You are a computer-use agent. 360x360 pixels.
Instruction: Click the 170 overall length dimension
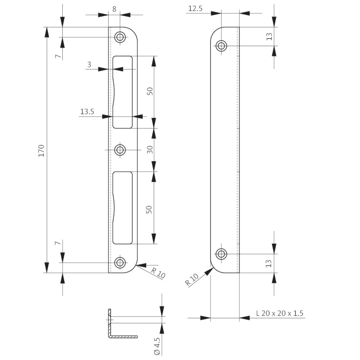[x=41, y=150]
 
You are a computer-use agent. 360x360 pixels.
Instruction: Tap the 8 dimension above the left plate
[x=114, y=9]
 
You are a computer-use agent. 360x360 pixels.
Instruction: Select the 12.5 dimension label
[x=195, y=9]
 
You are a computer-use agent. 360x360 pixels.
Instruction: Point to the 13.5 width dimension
[x=87, y=112]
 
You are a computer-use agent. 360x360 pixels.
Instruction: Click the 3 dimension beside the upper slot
[x=89, y=64]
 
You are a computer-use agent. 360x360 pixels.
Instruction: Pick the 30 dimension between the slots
[x=150, y=150]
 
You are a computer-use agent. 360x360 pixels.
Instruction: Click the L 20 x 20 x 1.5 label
[x=280, y=313]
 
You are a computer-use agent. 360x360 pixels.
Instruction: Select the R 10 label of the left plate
[x=158, y=273]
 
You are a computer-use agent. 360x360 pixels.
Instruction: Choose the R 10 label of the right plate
[x=192, y=280]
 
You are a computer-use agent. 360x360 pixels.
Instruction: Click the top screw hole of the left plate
[x=120, y=37]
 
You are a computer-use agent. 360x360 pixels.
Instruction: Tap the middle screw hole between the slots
[x=120, y=150]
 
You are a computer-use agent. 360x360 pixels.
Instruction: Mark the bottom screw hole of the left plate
[x=120, y=262]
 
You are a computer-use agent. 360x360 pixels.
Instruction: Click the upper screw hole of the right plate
[x=221, y=46]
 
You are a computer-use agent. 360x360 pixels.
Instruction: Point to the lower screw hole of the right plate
[x=221, y=254]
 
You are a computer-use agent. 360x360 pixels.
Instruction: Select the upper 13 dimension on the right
[x=269, y=36]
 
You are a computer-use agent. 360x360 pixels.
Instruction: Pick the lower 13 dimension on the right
[x=269, y=264]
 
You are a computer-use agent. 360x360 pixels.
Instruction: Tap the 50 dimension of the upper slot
[x=150, y=91]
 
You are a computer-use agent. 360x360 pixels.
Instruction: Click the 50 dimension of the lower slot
[x=149, y=210]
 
